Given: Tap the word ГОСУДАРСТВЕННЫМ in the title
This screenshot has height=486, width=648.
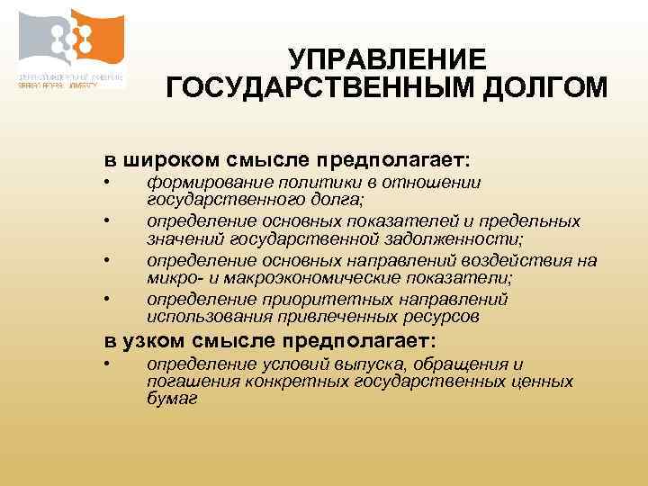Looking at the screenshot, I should pyautogui.click(x=310, y=89).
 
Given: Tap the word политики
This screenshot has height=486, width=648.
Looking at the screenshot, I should pyautogui.click(x=297, y=182).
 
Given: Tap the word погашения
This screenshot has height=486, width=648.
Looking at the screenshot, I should pyautogui.click(x=184, y=382).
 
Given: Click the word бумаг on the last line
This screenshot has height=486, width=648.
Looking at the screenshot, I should pyautogui.click(x=171, y=398).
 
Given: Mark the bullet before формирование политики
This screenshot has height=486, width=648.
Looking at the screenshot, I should pyautogui.click(x=106, y=184).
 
